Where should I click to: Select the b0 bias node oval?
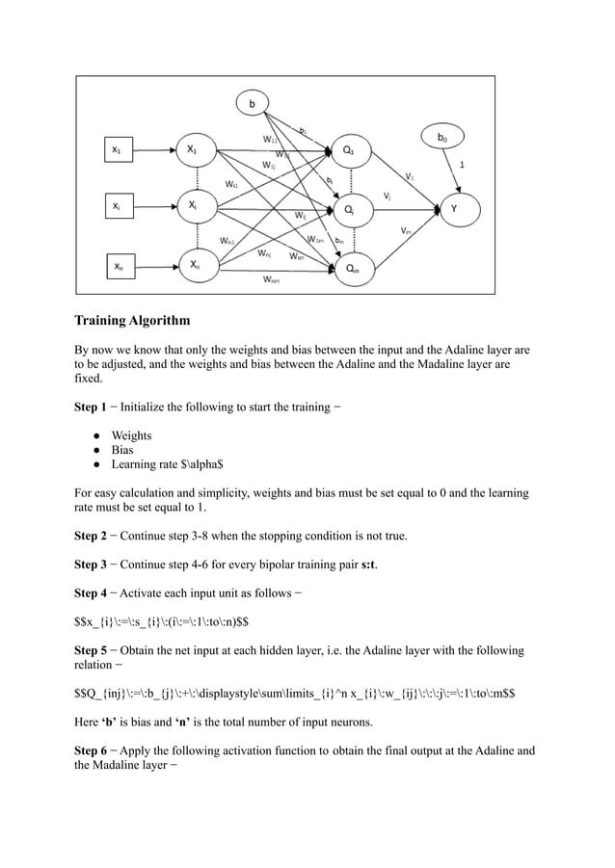(x=441, y=139)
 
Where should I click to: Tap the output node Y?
(x=453, y=206)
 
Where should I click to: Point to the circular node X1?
(x=193, y=149)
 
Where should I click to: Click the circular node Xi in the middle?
(x=193, y=205)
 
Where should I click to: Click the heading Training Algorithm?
(x=132, y=320)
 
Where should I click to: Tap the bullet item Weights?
(x=131, y=435)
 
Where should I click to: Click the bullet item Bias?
(x=122, y=450)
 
